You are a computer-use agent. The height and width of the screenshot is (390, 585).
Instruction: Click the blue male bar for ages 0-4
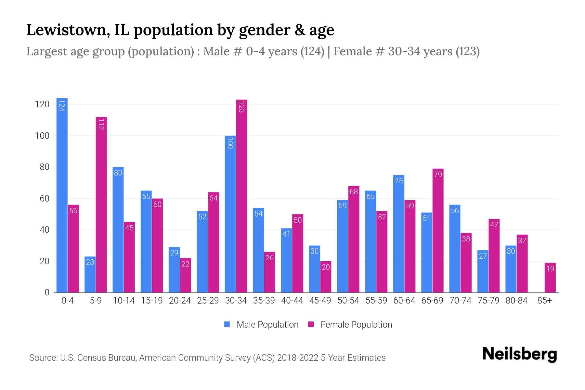point(62,195)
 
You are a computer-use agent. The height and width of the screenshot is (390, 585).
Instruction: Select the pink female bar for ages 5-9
point(101,205)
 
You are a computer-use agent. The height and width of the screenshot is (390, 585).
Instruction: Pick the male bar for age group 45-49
point(314,269)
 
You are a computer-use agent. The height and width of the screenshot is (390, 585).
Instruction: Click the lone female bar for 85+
point(550,278)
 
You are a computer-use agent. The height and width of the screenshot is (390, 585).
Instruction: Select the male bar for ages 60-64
point(398,234)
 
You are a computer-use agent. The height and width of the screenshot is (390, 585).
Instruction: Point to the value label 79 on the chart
point(438,175)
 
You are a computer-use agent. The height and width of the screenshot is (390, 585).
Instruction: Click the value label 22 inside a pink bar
point(185,264)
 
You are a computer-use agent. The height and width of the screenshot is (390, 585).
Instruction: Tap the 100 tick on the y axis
point(42,136)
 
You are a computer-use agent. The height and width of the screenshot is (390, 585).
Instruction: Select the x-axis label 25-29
point(208,301)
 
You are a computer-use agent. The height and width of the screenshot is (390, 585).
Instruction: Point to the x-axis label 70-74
point(460,301)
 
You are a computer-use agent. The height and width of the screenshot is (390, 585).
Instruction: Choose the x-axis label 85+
point(544,301)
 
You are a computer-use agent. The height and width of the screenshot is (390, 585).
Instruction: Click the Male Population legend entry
point(267,324)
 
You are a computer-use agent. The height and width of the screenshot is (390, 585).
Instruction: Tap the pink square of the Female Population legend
point(311,324)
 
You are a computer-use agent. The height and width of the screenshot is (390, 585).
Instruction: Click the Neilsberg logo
point(519,354)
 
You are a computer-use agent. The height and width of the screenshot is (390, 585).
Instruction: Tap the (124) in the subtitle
point(312,51)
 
